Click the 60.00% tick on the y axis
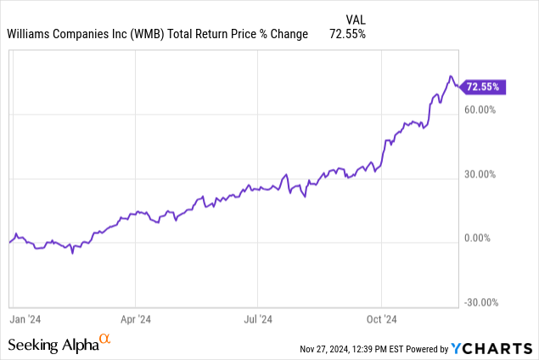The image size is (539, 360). pyautogui.click(x=480, y=110)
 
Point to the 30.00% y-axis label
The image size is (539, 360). pyautogui.click(x=480, y=174)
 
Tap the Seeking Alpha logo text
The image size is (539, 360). pyautogui.click(x=53, y=345)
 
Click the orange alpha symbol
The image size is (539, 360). pyautogui.click(x=105, y=340)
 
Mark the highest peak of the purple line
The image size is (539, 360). pyautogui.click(x=451, y=76)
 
